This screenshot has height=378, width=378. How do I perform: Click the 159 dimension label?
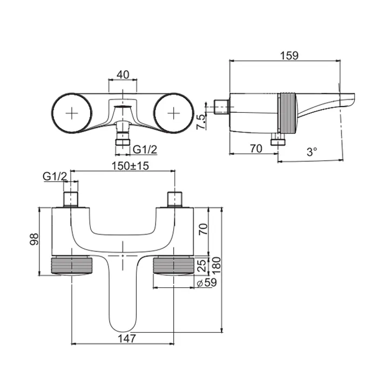tap(289, 56)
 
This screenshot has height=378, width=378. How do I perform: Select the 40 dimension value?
tap(123, 75)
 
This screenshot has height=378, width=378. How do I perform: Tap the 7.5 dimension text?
tap(201, 122)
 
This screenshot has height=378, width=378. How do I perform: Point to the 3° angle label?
tap(312, 152)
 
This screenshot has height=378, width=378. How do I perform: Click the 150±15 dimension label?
tap(131, 166)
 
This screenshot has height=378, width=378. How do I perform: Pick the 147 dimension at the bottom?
tap(127, 339)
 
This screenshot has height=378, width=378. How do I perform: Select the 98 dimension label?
tap(34, 239)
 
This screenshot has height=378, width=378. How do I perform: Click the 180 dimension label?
tap(216, 266)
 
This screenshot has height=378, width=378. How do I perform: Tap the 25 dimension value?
tap(202, 265)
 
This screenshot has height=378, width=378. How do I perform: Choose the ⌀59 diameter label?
tap(207, 282)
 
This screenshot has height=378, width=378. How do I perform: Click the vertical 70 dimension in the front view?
tap(202, 230)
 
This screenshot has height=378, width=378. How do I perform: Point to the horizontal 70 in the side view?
tap(256, 148)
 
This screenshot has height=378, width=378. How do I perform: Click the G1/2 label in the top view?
tap(145, 150)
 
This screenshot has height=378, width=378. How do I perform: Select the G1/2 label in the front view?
tap(55, 177)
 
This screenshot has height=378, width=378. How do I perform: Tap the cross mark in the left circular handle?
tap(72, 113)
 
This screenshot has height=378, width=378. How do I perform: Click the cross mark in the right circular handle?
tap(173, 113)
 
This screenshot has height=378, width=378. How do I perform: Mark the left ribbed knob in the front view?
tap(72, 265)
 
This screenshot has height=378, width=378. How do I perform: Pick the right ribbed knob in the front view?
tap(173, 265)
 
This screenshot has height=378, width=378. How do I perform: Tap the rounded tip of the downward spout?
tap(123, 330)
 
